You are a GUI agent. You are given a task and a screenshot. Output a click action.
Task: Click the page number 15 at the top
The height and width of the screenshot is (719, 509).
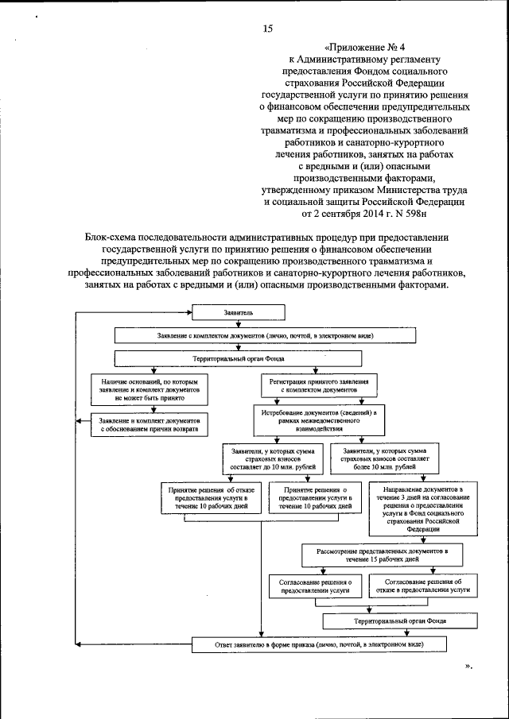click(267, 29)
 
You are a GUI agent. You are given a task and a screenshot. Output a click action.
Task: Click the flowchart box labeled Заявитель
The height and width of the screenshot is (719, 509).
click(239, 314)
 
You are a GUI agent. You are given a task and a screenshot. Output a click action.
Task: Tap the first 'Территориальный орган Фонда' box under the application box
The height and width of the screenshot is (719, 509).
click(265, 358)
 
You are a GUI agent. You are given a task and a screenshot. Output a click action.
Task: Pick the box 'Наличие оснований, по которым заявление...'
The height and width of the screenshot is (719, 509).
click(149, 387)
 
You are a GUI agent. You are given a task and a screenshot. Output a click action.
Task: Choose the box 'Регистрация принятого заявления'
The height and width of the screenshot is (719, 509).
click(321, 387)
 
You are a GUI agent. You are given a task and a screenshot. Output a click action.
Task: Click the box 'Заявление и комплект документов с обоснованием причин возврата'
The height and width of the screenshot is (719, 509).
click(149, 424)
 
